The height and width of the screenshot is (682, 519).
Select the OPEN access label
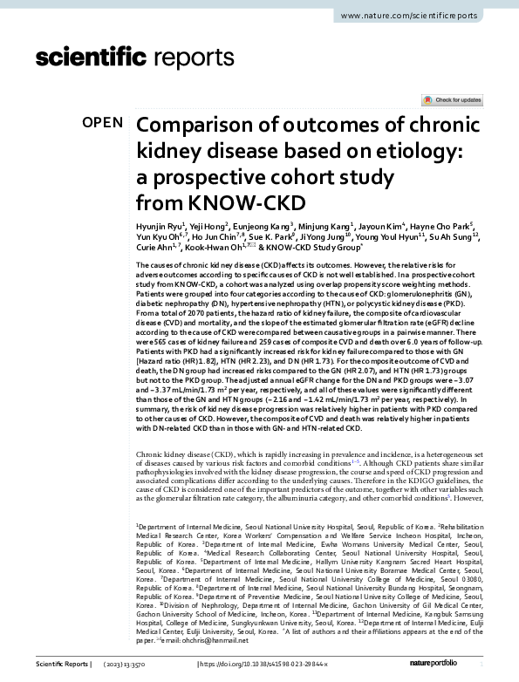coord(103,123)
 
